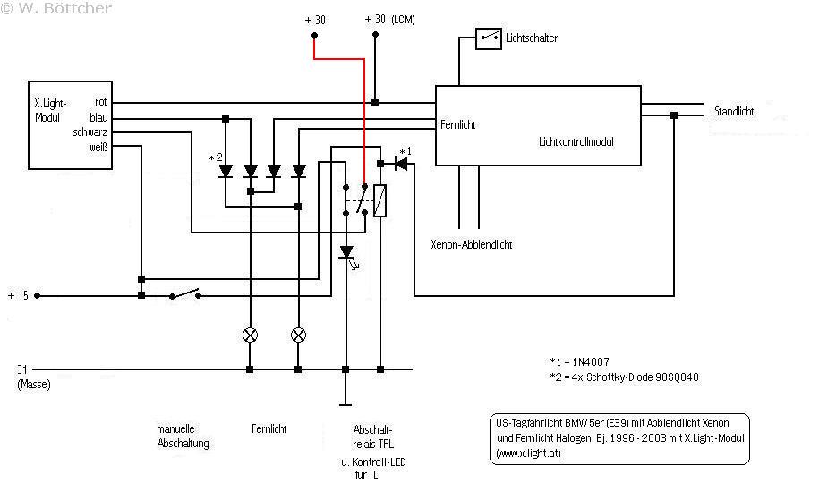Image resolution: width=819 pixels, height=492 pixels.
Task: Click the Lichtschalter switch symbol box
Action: (x=489, y=39)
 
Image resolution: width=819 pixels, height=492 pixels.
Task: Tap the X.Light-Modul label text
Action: (x=51, y=110)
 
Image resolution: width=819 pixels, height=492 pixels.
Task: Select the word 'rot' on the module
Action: (x=101, y=102)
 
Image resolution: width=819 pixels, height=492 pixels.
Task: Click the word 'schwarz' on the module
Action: (x=90, y=132)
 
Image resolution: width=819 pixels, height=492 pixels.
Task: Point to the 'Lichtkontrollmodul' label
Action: (x=576, y=142)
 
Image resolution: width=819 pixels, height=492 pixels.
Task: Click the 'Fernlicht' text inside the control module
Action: (x=457, y=124)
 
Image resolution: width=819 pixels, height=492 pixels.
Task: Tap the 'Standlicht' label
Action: (x=734, y=111)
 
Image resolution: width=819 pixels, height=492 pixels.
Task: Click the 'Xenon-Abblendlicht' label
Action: (x=471, y=245)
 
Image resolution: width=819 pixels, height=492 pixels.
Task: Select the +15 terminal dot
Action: (x=37, y=295)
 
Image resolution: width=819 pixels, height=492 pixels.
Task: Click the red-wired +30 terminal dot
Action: (x=314, y=36)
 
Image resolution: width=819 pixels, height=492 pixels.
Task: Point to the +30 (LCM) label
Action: (x=389, y=20)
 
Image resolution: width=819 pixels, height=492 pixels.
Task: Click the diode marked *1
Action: (x=401, y=164)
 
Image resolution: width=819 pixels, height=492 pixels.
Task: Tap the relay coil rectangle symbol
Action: (x=380, y=200)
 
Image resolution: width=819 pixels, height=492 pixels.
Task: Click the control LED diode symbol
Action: (x=346, y=253)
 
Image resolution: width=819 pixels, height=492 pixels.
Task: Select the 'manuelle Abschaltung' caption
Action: (x=183, y=437)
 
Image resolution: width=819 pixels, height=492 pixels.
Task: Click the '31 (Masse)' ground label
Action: (x=33, y=377)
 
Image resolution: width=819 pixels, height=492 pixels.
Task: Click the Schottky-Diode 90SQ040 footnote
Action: (x=624, y=377)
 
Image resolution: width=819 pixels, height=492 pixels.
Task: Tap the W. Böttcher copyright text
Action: (x=55, y=8)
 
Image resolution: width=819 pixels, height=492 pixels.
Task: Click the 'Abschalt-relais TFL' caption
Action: (x=373, y=437)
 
